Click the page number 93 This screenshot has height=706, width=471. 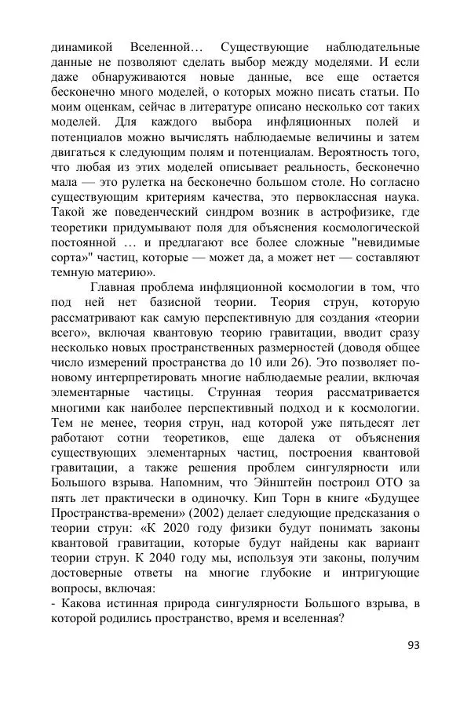(x=414, y=646)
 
